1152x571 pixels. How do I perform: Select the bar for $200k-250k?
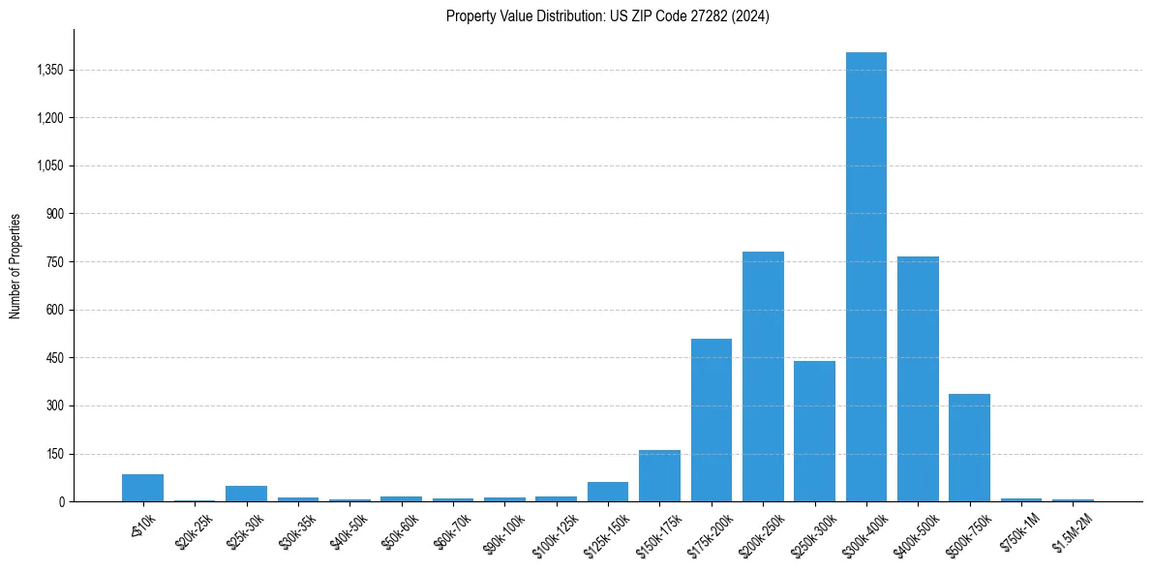click(x=763, y=376)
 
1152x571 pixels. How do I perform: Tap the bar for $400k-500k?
click(x=918, y=379)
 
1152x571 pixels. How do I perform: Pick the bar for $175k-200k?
click(x=712, y=420)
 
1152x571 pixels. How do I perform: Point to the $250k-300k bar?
click(x=814, y=432)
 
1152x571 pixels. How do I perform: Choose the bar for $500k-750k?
click(x=969, y=448)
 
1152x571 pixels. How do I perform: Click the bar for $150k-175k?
click(x=659, y=476)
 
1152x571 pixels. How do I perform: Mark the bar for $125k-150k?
click(x=608, y=492)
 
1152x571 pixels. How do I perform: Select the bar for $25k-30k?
click(x=246, y=494)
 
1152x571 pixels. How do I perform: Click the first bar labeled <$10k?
click(x=142, y=488)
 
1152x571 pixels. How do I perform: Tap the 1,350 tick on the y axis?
click(x=49, y=70)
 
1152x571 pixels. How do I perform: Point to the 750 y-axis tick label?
click(x=55, y=262)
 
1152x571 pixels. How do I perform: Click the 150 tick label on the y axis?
click(x=55, y=454)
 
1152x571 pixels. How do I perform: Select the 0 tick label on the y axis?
click(x=61, y=502)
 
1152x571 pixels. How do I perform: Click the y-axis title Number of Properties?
click(x=15, y=266)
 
